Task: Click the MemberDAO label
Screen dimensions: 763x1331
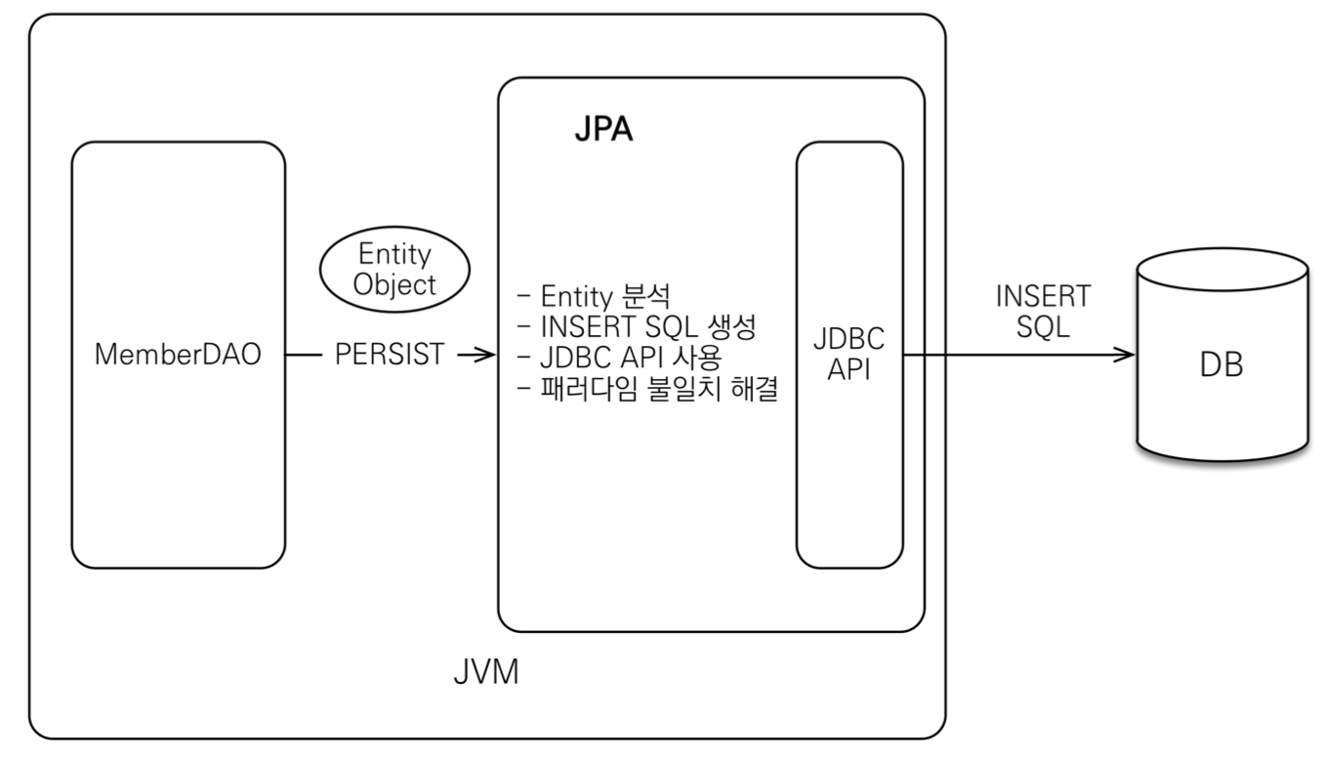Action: [x=178, y=355]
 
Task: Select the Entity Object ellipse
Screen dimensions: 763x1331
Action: [x=394, y=270]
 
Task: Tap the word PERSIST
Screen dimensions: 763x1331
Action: [x=390, y=355]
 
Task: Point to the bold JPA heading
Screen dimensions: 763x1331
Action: [x=603, y=131]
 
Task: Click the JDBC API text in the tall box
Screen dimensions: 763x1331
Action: [x=850, y=356]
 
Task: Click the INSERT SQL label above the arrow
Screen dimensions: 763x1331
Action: [x=1043, y=312]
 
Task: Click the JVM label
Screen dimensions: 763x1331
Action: [x=485, y=673]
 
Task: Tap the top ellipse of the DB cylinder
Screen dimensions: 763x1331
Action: [x=1222, y=271]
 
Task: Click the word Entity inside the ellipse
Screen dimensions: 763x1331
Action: [x=395, y=255]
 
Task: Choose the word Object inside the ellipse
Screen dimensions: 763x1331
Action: [x=394, y=286]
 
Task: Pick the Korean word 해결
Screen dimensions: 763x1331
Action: [x=752, y=390]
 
